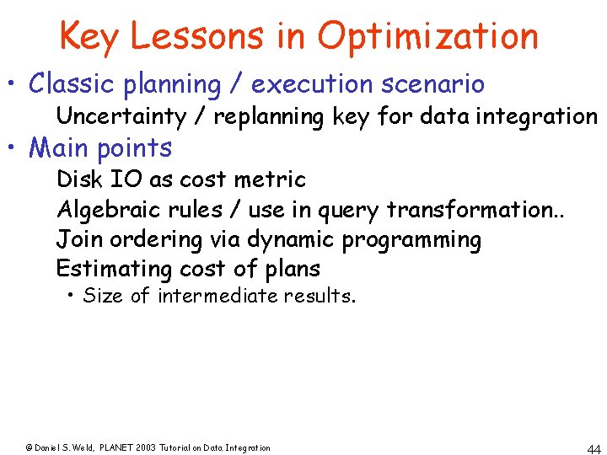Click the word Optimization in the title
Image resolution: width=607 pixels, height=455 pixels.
pos(428,36)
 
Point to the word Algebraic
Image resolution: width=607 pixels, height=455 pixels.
pos(105,209)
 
